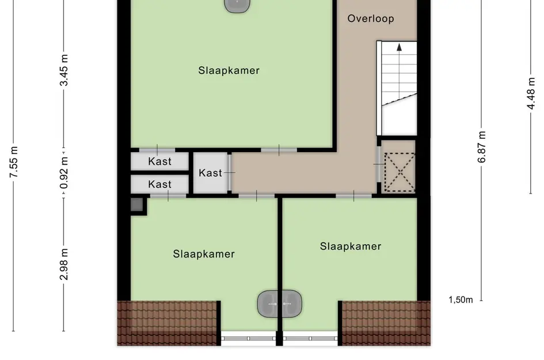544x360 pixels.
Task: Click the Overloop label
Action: [371, 19]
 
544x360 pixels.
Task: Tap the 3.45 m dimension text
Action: [64, 70]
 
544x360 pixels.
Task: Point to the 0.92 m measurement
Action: [64, 173]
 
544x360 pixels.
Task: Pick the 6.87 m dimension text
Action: [482, 147]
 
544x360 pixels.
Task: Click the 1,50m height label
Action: [461, 300]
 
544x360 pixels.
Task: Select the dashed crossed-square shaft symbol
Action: [400, 171]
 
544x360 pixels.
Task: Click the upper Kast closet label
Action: [159, 162]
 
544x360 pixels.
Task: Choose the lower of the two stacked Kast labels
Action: [159, 184]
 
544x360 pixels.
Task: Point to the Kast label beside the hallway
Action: [210, 173]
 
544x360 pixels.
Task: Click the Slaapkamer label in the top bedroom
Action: [229, 71]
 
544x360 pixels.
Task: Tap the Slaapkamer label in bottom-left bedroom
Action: [204, 254]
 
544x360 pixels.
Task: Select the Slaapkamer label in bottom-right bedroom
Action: [351, 247]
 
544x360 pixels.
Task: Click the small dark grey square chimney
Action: [136, 204]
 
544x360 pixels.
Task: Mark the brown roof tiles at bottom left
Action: [168, 323]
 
